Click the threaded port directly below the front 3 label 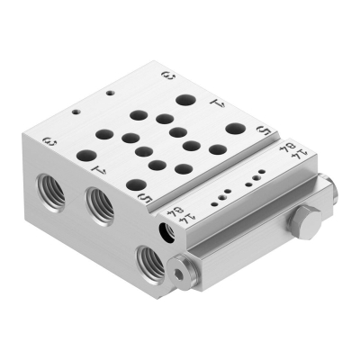pos(47,186)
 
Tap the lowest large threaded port pos(148,262)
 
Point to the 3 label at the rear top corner pos(166,74)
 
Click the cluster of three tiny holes pos(220,192)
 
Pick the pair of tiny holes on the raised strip pos(256,171)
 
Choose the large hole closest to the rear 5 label pos(237,128)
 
